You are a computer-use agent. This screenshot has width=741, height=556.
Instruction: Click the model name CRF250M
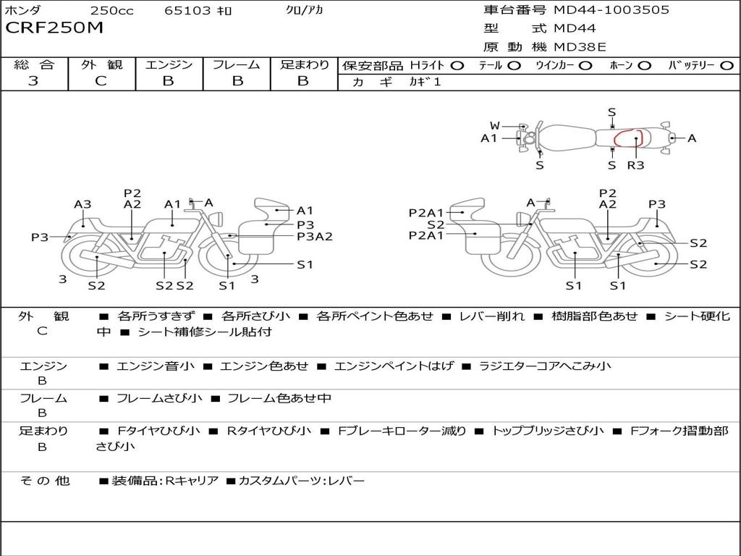(54, 28)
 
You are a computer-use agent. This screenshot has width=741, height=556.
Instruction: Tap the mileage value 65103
(187, 11)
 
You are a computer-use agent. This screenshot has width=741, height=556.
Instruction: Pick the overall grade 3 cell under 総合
(33, 81)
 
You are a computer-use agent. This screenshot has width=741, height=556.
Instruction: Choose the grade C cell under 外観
(101, 81)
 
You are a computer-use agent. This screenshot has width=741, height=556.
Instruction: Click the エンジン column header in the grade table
(169, 64)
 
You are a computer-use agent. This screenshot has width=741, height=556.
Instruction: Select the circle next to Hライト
(457, 65)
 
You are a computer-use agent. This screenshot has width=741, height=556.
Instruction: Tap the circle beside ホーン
(644, 65)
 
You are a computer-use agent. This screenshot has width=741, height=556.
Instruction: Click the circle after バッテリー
(727, 65)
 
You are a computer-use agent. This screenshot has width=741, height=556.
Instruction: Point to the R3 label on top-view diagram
(635, 165)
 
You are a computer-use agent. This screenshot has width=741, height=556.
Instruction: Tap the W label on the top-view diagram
(495, 126)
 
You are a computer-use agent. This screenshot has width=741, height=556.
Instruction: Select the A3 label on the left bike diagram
(82, 204)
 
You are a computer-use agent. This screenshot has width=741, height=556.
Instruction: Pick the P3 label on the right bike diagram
(656, 204)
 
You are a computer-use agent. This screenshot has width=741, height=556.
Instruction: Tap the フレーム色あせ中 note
(279, 398)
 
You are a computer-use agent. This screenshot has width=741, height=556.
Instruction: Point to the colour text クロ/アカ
(305, 11)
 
